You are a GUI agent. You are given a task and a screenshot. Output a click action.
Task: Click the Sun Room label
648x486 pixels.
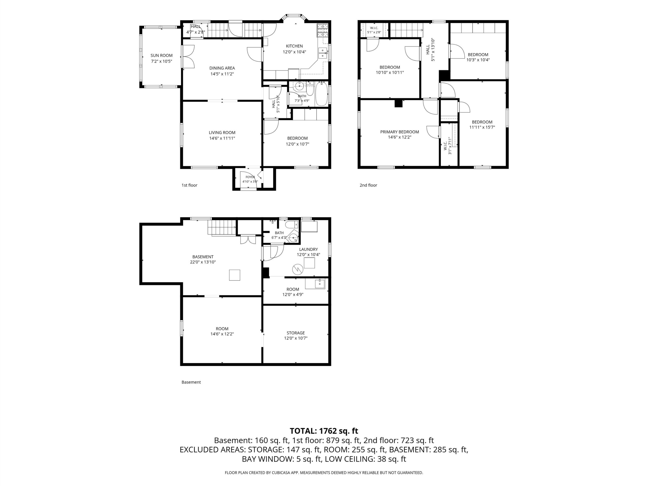(161, 55)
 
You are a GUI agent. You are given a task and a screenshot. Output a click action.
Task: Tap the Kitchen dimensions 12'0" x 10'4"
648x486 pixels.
(294, 52)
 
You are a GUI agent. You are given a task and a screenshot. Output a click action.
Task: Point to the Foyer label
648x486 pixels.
(250, 177)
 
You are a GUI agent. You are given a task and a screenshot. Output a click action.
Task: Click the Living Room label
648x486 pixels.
(222, 132)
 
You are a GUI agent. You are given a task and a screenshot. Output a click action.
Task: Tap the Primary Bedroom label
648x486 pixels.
(400, 132)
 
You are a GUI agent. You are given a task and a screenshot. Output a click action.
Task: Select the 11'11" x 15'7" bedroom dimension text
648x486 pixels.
(482, 127)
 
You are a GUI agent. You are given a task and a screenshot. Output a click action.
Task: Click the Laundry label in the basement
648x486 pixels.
(309, 249)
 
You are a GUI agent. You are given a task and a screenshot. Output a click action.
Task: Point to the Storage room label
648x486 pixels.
(296, 333)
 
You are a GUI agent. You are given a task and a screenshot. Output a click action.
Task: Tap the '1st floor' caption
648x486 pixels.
(190, 185)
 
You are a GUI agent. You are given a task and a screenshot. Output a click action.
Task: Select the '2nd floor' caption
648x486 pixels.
(368, 185)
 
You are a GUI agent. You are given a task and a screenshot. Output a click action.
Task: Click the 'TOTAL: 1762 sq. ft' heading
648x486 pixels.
(324, 431)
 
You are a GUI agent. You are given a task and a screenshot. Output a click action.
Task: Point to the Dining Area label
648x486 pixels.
(222, 68)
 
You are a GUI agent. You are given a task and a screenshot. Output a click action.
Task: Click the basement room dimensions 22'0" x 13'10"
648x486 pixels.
(203, 262)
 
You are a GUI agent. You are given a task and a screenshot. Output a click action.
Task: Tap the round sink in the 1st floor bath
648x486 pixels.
(299, 86)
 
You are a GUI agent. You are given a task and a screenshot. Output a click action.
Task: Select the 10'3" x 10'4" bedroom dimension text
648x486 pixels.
(478, 60)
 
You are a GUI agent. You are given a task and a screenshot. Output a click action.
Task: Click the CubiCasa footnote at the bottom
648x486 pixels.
(324, 473)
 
